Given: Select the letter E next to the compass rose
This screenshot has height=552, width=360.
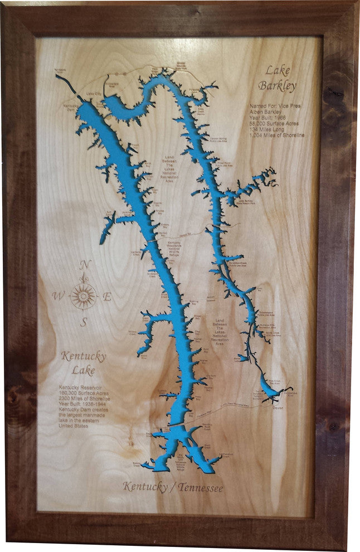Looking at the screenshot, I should click(x=108, y=297).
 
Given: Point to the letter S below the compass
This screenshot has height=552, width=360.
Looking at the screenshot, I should click(x=84, y=322).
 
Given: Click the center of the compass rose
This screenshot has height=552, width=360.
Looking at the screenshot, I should click(x=84, y=296).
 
